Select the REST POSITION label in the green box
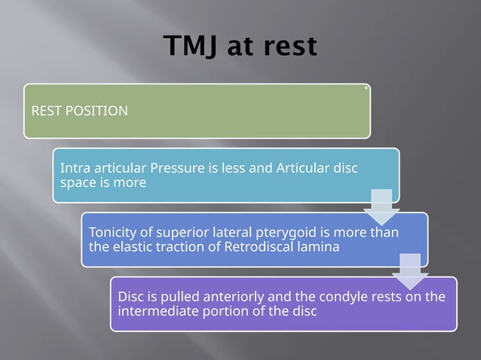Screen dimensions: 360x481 (79, 111)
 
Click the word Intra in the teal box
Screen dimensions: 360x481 (75, 168)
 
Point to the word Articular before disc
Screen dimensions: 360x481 (301, 168)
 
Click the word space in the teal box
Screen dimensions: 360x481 (77, 182)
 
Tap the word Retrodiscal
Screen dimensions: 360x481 (259, 246)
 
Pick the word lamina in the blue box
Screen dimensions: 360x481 (316, 246)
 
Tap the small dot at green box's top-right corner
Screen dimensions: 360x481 (366, 87)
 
